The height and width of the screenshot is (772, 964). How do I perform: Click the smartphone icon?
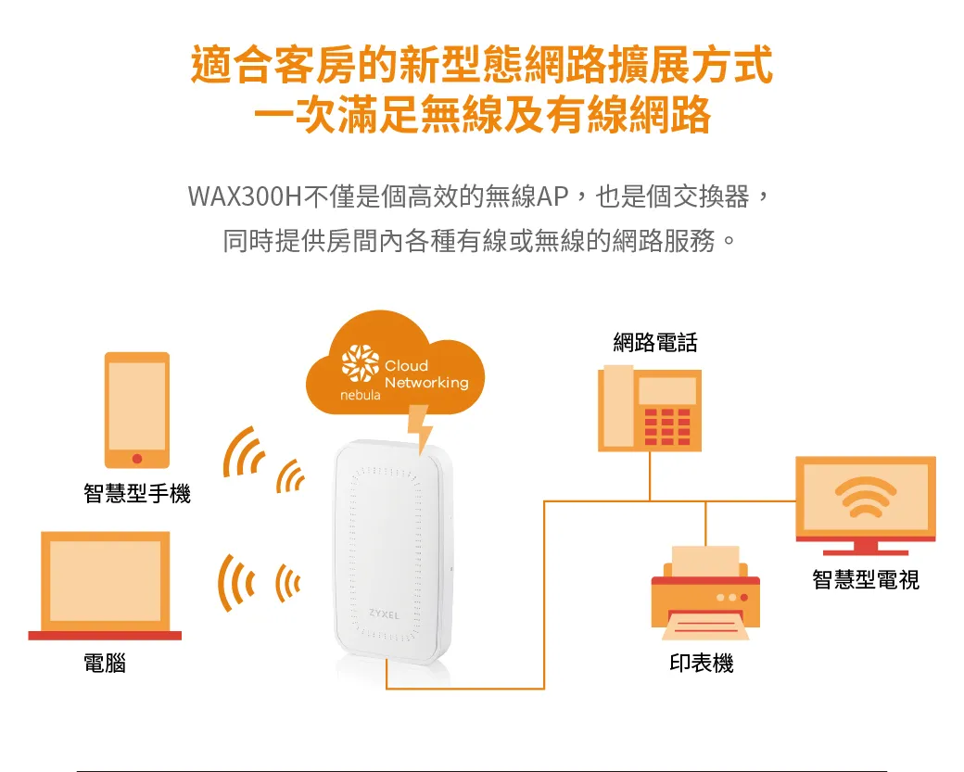point(137,410)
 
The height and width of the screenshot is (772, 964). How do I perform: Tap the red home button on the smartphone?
point(137,459)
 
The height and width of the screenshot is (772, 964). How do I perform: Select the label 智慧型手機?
point(137,494)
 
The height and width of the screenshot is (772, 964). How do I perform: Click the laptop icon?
point(105,586)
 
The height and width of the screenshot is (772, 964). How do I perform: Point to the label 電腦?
point(105,664)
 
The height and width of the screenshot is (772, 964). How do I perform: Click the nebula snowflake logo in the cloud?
point(361,362)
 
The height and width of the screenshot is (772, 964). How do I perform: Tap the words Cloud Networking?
point(426,373)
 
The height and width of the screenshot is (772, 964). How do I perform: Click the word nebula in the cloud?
point(361,395)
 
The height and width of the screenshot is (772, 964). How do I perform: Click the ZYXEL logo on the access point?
point(385,614)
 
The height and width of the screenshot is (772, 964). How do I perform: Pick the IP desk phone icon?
point(650,409)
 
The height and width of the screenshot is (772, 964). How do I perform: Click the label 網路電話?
point(655,342)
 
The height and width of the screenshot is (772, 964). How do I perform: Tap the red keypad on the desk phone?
point(667,426)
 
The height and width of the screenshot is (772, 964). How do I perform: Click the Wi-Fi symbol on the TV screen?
point(866,497)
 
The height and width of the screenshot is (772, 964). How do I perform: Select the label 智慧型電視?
point(866,579)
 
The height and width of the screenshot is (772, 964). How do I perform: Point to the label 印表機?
point(702,664)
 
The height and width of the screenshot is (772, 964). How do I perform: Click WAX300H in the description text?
point(246,196)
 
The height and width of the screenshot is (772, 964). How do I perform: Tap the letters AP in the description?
point(552,196)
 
